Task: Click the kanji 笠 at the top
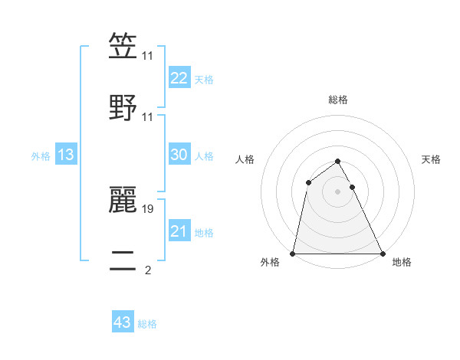click(x=123, y=47)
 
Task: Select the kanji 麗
click(x=123, y=198)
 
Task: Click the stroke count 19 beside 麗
click(x=148, y=208)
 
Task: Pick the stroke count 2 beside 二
click(x=148, y=270)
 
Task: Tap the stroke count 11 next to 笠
click(x=148, y=57)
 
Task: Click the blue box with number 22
click(x=179, y=78)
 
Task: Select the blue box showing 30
click(x=179, y=155)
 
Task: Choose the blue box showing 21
click(x=179, y=231)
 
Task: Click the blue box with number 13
click(x=66, y=155)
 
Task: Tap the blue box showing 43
click(x=123, y=323)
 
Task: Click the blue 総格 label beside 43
click(x=148, y=324)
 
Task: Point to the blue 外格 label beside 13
click(x=41, y=156)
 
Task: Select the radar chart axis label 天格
click(x=432, y=159)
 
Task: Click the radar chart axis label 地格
click(x=402, y=263)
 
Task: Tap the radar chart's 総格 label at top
click(x=338, y=100)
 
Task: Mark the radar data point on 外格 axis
click(x=293, y=254)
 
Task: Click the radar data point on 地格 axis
click(x=383, y=254)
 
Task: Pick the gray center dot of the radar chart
click(x=338, y=191)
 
